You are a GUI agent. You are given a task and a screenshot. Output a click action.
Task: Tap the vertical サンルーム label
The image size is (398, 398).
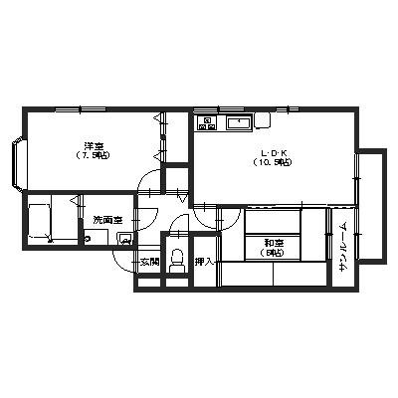pyautogui.click(x=342, y=249)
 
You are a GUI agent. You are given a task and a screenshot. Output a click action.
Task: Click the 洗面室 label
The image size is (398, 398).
pyautogui.click(x=106, y=220)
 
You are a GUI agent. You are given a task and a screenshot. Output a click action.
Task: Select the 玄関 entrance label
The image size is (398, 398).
pyautogui.click(x=148, y=262)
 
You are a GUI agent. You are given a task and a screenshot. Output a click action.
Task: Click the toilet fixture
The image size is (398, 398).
pyautogui.click(x=178, y=260)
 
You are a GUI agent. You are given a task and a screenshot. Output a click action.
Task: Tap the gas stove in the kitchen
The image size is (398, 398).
pyautogui.click(x=208, y=123)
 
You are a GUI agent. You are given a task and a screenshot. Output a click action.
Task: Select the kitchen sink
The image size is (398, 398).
pyautogui.click(x=240, y=123)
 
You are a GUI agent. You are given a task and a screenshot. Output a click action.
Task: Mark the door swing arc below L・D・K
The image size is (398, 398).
pyautogui.click(x=205, y=211)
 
